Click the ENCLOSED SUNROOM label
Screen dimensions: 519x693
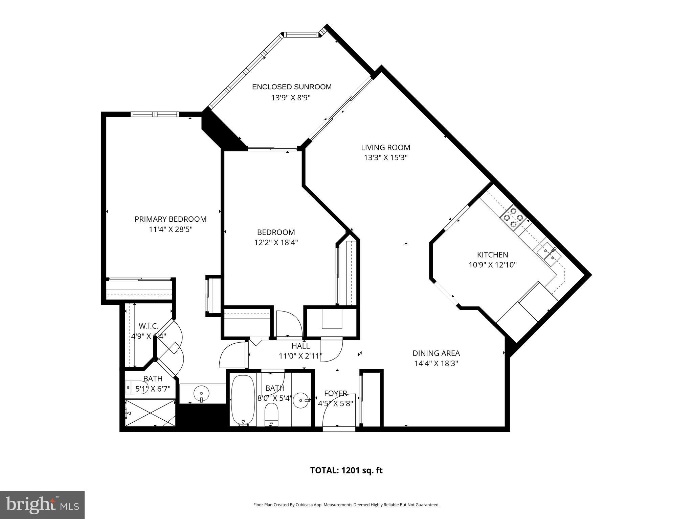(292, 87)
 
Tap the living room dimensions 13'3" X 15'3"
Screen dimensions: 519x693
(385, 157)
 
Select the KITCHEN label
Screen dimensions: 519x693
(492, 255)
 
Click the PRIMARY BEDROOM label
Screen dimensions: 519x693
(171, 219)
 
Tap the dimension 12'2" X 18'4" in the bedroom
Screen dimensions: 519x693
(276, 242)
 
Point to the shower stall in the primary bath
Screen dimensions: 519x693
(150, 413)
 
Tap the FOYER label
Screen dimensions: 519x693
(335, 393)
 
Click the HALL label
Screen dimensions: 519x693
(300, 346)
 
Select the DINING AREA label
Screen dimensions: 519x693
(436, 353)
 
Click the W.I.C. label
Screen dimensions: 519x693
(149, 326)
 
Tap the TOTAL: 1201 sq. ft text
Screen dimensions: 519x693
(346, 470)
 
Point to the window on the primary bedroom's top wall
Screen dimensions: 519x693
(155, 114)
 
